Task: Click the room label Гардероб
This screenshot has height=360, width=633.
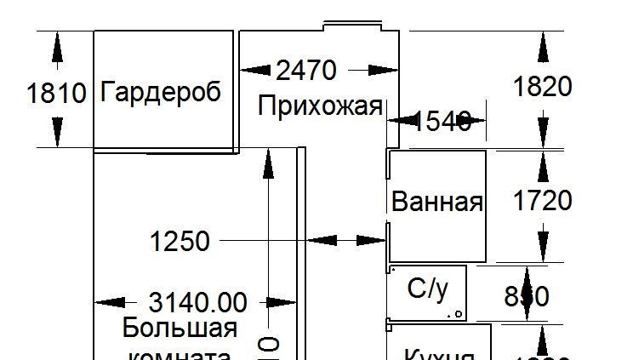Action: pos(160,92)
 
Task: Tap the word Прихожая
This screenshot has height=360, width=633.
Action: pos(319,107)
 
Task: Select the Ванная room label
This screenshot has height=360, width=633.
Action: pos(436,203)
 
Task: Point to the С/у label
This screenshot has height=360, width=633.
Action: pos(427,289)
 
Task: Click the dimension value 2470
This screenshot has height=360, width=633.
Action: pos(306,70)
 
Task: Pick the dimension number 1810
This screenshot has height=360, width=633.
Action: pos(57,93)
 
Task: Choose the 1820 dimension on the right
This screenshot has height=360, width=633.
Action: pos(542,86)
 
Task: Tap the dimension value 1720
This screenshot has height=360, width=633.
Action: pos(542,201)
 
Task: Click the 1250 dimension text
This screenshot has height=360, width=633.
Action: pos(180,242)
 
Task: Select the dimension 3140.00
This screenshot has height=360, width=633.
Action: pos(197,302)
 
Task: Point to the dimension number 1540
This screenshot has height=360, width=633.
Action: pos(442,122)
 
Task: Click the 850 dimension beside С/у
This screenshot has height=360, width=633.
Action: pos(527,296)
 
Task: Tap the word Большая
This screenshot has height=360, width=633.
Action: pos(180,328)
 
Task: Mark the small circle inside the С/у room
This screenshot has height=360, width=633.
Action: pos(459,314)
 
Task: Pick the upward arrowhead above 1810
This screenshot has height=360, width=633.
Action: pos(57,48)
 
